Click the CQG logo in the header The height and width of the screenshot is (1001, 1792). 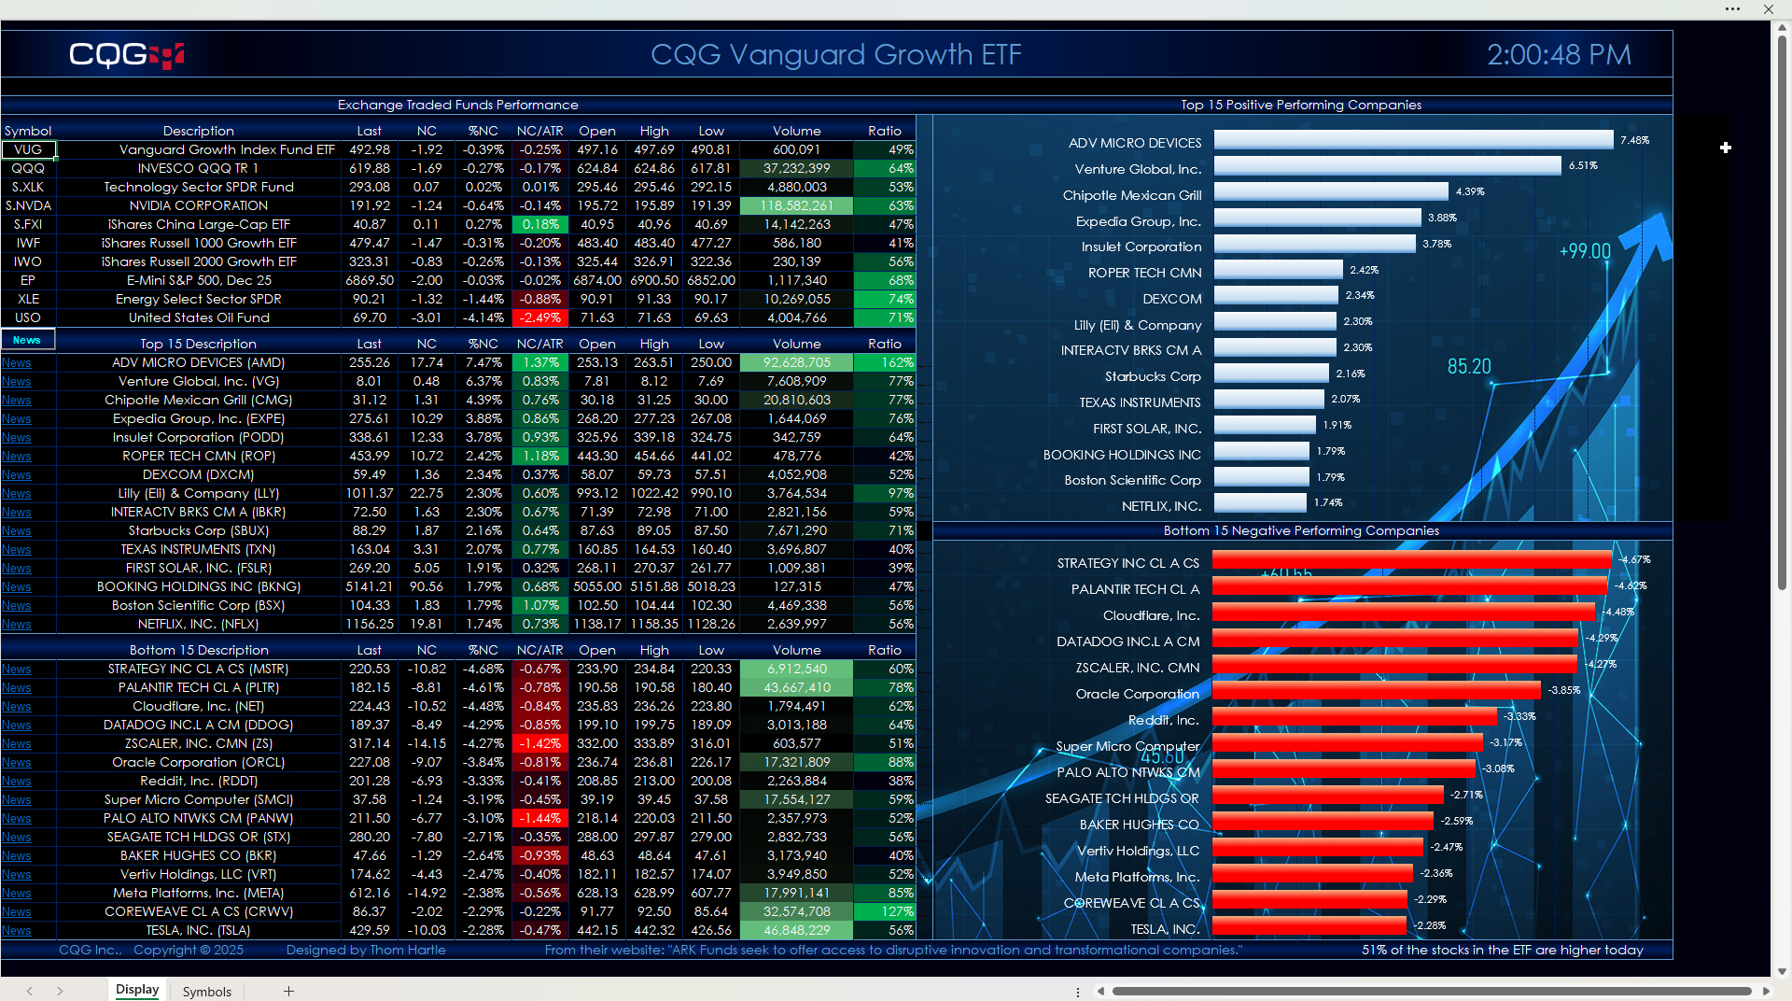click(127, 55)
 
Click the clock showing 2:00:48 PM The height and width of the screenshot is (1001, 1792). click(1559, 55)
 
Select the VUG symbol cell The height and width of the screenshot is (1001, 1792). click(28, 149)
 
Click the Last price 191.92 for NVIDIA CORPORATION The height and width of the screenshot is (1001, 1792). click(370, 205)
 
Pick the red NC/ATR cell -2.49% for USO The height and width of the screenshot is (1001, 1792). click(540, 317)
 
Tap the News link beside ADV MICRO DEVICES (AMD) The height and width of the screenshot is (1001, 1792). click(16, 363)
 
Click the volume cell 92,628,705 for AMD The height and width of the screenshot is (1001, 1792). click(796, 362)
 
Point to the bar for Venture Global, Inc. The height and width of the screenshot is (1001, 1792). click(1387, 166)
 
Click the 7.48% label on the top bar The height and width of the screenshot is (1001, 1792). click(1634, 140)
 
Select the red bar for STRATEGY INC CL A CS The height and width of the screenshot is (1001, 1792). click(1411, 560)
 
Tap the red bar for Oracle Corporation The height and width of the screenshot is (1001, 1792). click(1376, 690)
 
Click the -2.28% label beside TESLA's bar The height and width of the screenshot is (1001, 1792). click(1430, 925)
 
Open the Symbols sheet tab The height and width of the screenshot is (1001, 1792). click(206, 991)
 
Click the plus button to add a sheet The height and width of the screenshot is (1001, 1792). click(288, 991)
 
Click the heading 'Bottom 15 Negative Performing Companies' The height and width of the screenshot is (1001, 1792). click(1301, 530)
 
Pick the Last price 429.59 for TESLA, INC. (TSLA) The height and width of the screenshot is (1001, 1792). click(370, 930)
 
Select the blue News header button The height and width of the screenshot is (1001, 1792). click(27, 340)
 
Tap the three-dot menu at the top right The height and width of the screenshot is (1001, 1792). click(1732, 9)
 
